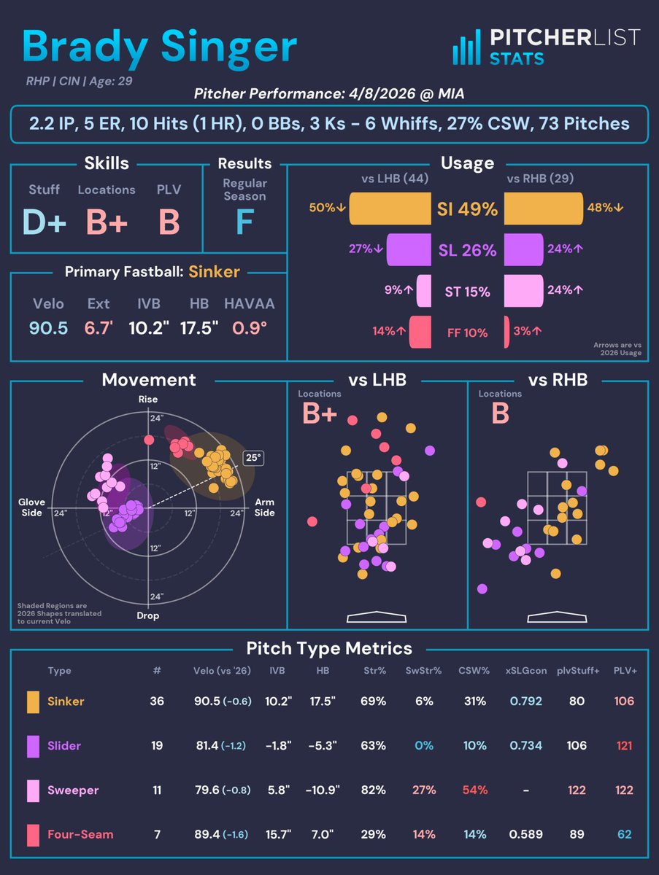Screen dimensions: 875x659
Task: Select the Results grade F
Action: coord(244,222)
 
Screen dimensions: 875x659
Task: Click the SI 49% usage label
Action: coord(468,209)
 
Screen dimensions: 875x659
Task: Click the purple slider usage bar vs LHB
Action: coord(409,249)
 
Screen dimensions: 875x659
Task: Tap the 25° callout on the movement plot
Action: coord(253,459)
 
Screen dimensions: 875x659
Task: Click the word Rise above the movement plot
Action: coord(148,400)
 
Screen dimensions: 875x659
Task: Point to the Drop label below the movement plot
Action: coord(148,615)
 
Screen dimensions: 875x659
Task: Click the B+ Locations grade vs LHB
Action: coord(320,413)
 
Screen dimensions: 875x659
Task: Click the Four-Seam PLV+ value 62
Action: coord(624,834)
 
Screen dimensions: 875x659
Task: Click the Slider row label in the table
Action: coord(64,746)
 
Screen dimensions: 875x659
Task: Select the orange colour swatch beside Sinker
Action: coord(33,701)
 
